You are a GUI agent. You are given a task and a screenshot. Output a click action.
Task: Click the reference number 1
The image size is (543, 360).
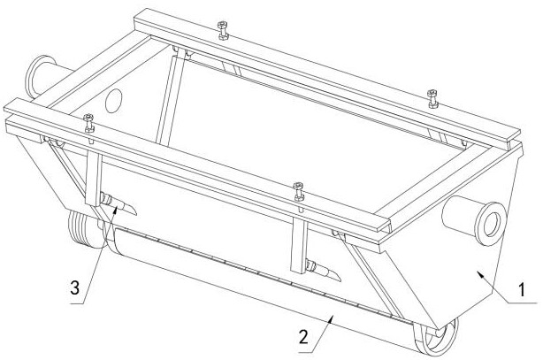coord(521,289)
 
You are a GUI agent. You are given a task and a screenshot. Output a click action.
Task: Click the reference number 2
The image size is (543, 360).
coord(303,336)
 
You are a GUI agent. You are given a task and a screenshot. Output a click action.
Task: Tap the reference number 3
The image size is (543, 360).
coord(75,287)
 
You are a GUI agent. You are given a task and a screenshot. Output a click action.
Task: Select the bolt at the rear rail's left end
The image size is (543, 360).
coord(222,30)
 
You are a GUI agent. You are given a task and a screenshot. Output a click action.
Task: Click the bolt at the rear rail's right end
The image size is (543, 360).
coord(432,99)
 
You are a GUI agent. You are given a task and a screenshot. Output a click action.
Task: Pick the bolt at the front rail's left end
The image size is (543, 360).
coord(89,123)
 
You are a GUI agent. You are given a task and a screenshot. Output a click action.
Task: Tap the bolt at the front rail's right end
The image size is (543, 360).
coord(299,192)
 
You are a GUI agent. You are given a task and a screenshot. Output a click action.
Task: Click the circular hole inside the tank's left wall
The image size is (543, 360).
coord(113,101)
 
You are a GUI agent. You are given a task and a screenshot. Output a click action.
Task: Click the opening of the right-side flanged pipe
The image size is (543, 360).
coord(492,224)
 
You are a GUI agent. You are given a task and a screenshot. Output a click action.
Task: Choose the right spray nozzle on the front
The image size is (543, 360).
coord(323,271)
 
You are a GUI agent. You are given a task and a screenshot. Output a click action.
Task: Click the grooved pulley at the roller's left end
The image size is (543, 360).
coord(84,229)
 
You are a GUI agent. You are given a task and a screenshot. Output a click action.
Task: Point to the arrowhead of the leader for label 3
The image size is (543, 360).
coord(116,209)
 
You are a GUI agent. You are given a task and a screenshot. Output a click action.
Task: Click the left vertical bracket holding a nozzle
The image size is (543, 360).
coord(94,176)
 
